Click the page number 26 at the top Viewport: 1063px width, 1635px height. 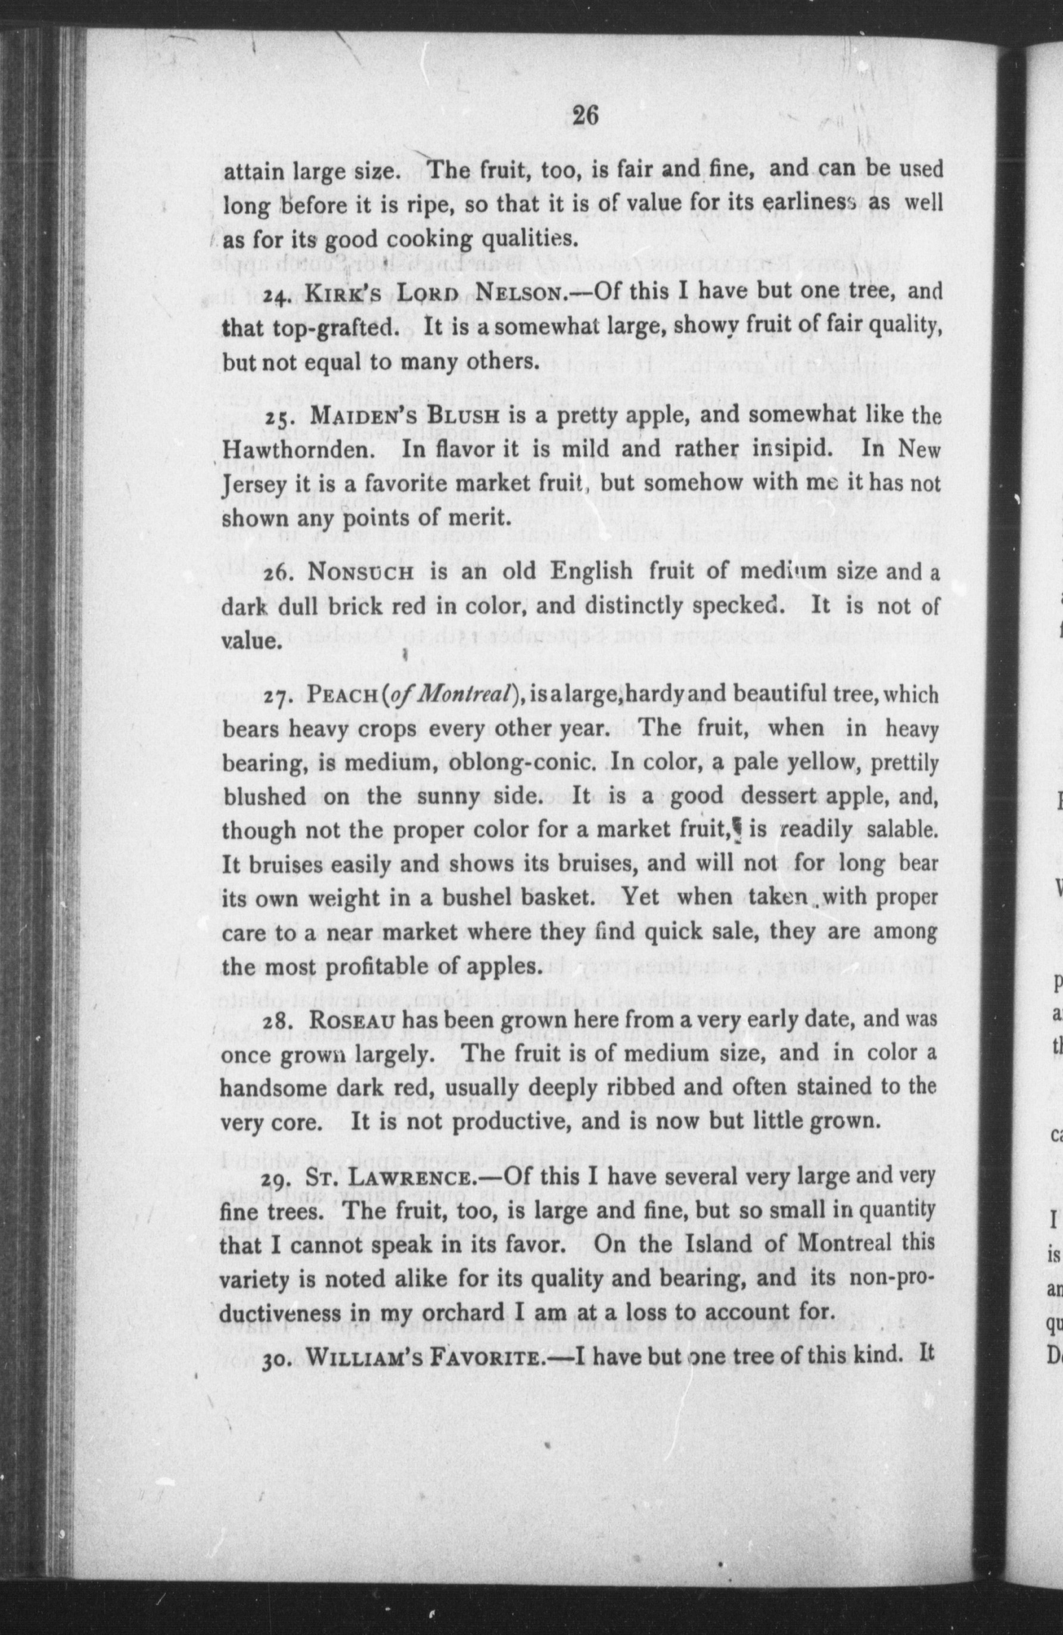586,116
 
